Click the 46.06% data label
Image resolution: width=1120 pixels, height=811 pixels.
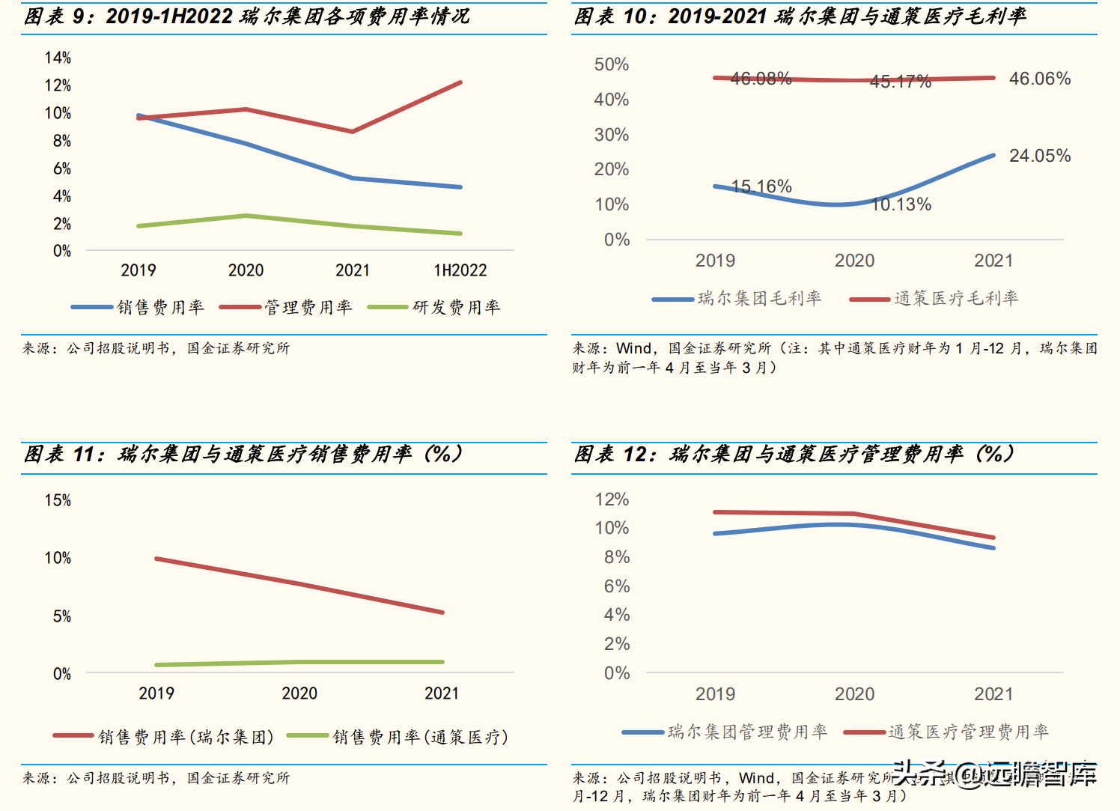point(1039,79)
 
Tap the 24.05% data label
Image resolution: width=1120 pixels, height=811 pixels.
point(1039,156)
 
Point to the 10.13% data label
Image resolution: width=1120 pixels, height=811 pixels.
point(901,204)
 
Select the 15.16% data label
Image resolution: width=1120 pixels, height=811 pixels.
point(761,186)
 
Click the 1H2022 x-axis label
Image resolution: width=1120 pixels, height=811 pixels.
point(460,270)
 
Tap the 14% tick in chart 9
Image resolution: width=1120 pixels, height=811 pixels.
point(58,58)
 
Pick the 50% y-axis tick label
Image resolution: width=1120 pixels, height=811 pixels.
point(611,64)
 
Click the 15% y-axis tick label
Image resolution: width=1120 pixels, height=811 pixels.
point(58,500)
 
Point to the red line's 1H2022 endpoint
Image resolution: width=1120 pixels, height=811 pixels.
point(460,82)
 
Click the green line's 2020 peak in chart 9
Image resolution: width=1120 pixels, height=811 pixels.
point(246,216)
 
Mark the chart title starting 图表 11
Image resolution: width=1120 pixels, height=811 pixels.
point(244,454)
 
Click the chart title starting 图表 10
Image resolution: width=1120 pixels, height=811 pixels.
point(800,16)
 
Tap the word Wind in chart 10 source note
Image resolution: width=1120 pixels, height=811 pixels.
point(633,348)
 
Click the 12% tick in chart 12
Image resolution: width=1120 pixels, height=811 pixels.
point(612,499)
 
